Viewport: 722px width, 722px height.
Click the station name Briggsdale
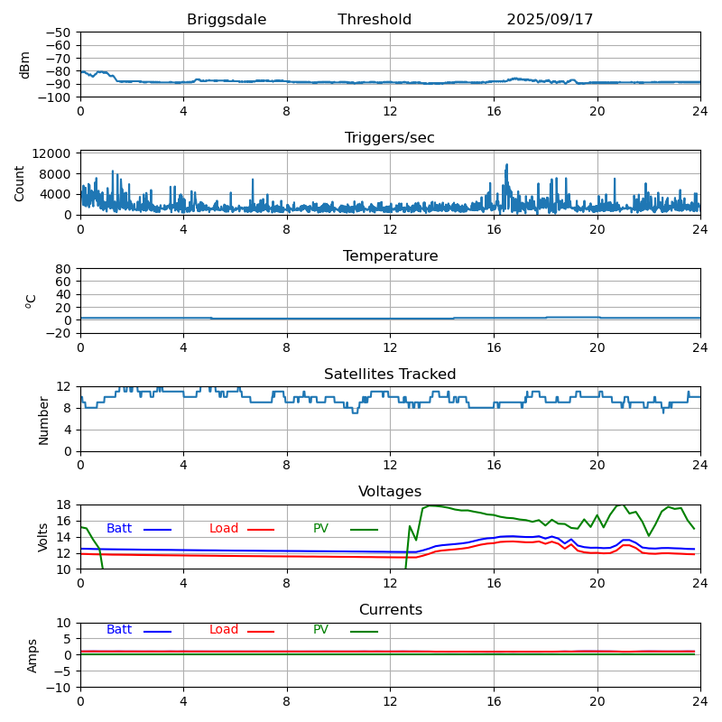pyautogui.click(x=227, y=20)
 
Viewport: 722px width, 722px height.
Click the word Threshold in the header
pyautogui.click(x=375, y=20)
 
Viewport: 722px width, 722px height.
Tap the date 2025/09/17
pyautogui.click(x=550, y=20)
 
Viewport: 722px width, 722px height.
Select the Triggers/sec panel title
pyautogui.click(x=390, y=138)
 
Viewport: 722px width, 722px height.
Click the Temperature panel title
pyautogui.click(x=390, y=256)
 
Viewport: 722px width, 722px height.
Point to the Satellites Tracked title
pyautogui.click(x=390, y=375)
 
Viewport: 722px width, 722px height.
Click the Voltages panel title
pyautogui.click(x=390, y=492)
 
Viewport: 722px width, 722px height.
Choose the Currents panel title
pyautogui.click(x=390, y=610)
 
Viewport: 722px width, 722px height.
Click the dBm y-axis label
pyautogui.click(x=25, y=64)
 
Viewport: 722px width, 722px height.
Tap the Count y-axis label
pyautogui.click(x=20, y=182)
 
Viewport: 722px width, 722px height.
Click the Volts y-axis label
pyautogui.click(x=43, y=537)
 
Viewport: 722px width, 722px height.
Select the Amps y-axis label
pyautogui.click(x=32, y=655)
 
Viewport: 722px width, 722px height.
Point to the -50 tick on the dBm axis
pyautogui.click(x=58, y=32)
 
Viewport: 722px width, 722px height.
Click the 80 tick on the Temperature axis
pyautogui.click(x=64, y=269)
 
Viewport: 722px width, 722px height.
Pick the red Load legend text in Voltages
pyautogui.click(x=224, y=529)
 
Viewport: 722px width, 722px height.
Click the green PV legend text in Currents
pyautogui.click(x=321, y=630)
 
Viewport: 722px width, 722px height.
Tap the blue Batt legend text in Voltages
pyautogui.click(x=119, y=529)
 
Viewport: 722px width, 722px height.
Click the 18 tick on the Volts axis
pyautogui.click(x=64, y=505)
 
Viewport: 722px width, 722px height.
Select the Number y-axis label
pyautogui.click(x=43, y=419)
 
